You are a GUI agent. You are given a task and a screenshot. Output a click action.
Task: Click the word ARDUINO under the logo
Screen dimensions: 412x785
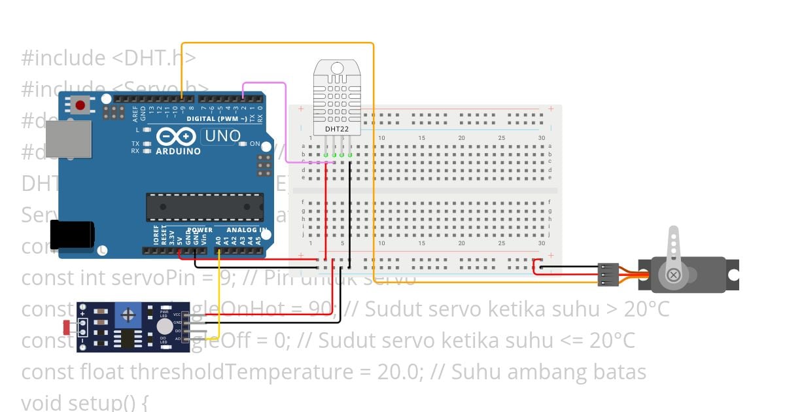[x=178, y=151]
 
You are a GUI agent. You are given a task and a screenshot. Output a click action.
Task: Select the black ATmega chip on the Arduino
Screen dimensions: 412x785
[x=204, y=207]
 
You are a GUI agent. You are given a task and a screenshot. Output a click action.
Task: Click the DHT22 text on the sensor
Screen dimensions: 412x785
[x=337, y=129]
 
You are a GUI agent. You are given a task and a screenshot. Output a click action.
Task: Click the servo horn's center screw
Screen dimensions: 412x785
[x=673, y=275]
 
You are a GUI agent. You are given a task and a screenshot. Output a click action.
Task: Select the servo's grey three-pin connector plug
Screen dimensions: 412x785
[x=608, y=275]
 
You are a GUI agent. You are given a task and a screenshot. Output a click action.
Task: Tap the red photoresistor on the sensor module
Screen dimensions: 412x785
[x=67, y=326]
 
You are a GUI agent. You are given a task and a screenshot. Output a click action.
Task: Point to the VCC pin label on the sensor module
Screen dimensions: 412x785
[x=177, y=315]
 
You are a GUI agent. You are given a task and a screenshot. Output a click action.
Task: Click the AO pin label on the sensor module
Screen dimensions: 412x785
[x=177, y=338]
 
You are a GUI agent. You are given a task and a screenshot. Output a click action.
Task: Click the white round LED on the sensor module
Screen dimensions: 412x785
[x=164, y=326]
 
